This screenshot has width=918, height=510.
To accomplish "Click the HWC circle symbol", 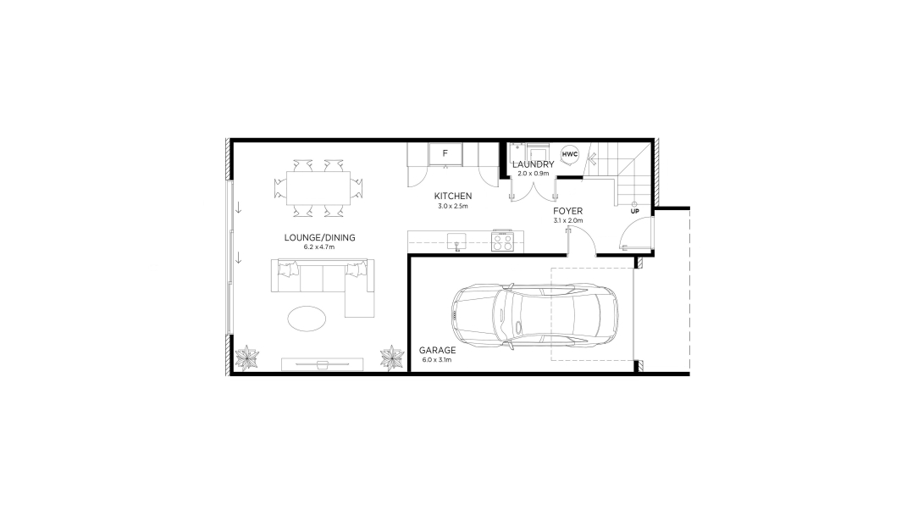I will point(569,154).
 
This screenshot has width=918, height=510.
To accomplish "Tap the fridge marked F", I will point(444,154).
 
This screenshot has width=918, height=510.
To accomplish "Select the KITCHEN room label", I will point(453,196).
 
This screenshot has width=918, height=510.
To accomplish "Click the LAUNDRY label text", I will point(534,164).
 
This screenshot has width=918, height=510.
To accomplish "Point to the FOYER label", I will point(567,211).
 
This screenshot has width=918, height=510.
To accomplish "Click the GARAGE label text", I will point(437,350).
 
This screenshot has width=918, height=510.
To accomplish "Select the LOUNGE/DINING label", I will point(320,238).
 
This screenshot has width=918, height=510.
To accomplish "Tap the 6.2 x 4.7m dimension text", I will point(320,247).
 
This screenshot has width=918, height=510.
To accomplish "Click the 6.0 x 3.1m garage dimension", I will point(437,360).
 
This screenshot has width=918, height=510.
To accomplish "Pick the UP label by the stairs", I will point(634,211).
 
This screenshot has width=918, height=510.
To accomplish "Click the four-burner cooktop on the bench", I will point(502,241).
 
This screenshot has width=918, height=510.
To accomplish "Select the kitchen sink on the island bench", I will point(456,240).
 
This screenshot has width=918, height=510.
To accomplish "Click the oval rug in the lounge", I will point(308,319).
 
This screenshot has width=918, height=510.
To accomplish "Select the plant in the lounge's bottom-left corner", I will point(246,359).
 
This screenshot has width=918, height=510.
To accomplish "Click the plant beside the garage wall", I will point(392,358).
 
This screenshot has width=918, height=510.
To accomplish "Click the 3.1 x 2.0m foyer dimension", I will point(567,220).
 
